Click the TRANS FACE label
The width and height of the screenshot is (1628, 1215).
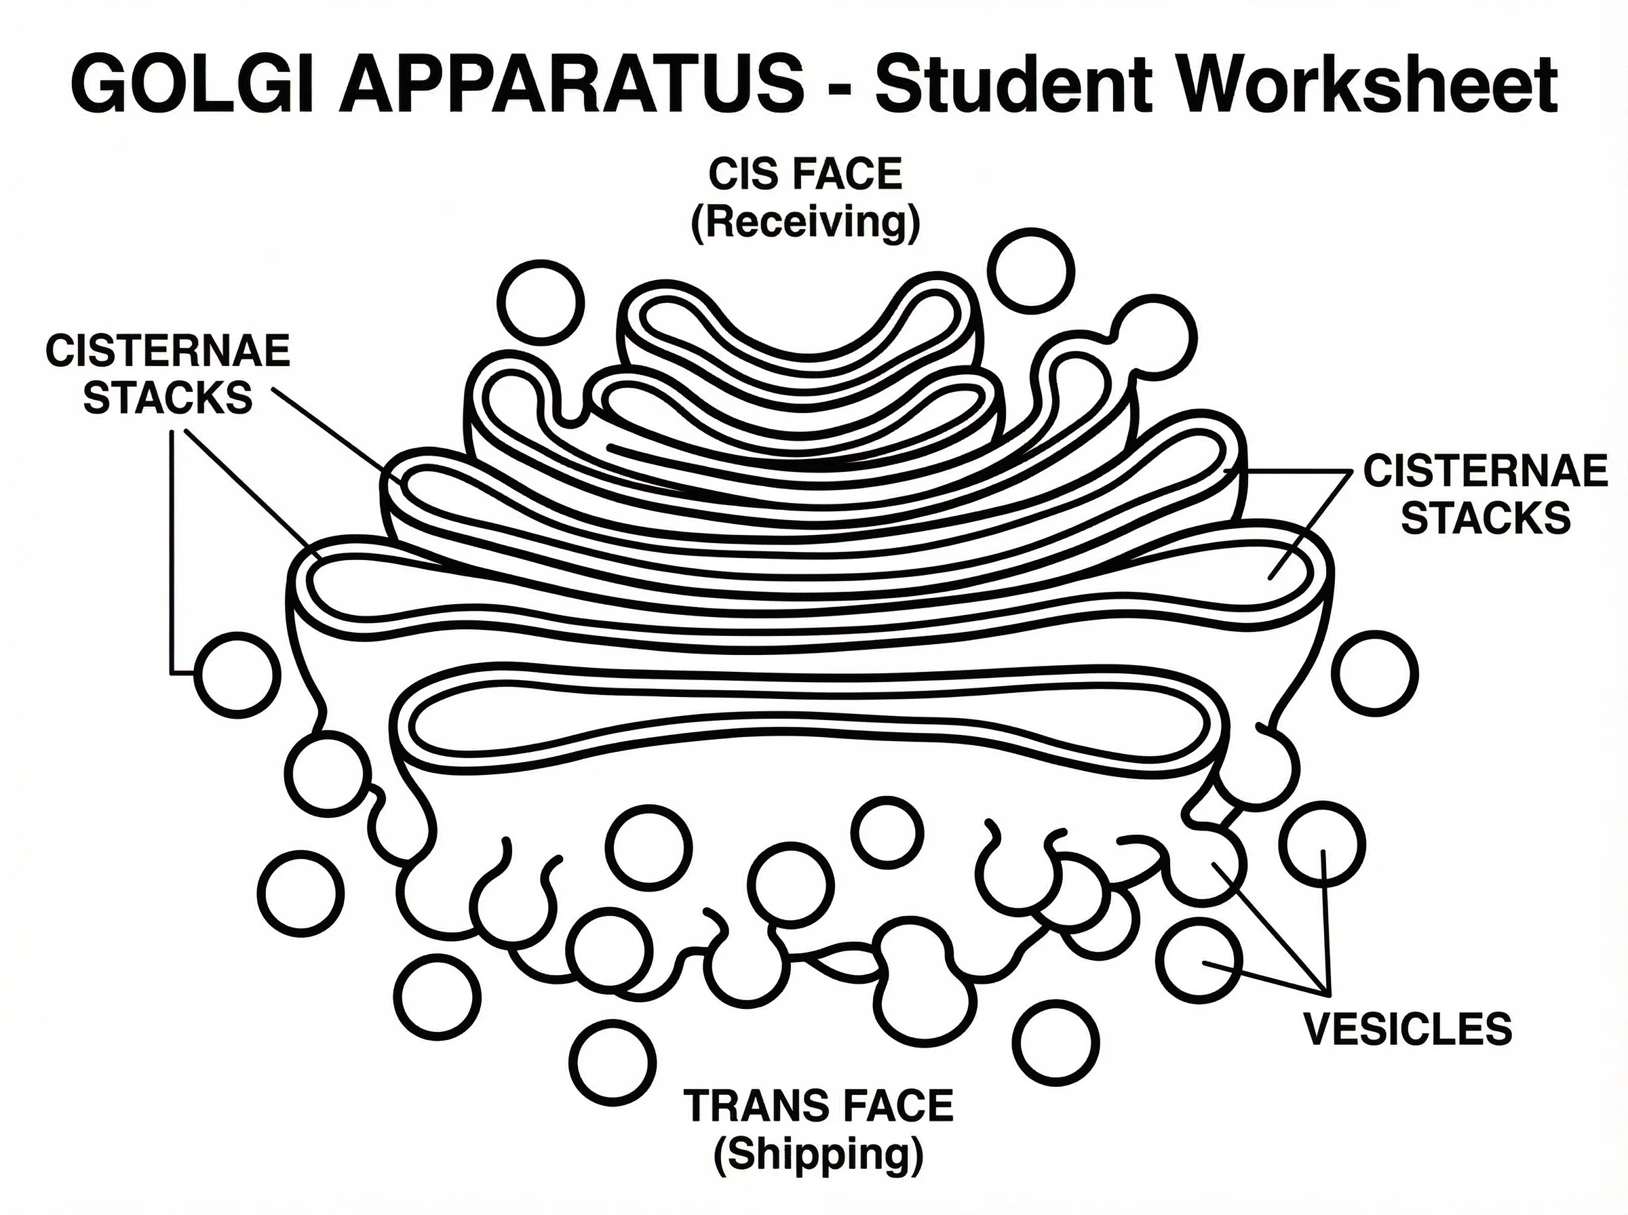(x=818, y=1106)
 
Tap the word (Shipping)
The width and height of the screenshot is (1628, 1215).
(x=818, y=1155)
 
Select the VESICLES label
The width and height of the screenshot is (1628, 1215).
(x=1408, y=1028)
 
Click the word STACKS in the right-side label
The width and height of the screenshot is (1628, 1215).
(x=1486, y=519)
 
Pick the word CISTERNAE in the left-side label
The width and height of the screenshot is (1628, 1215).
(x=168, y=351)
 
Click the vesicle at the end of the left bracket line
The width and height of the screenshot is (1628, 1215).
(x=237, y=674)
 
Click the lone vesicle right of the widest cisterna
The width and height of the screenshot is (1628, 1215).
(x=1375, y=673)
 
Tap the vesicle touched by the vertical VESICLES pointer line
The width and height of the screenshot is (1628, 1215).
(x=1322, y=843)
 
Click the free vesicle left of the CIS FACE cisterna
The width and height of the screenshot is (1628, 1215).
(x=541, y=302)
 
